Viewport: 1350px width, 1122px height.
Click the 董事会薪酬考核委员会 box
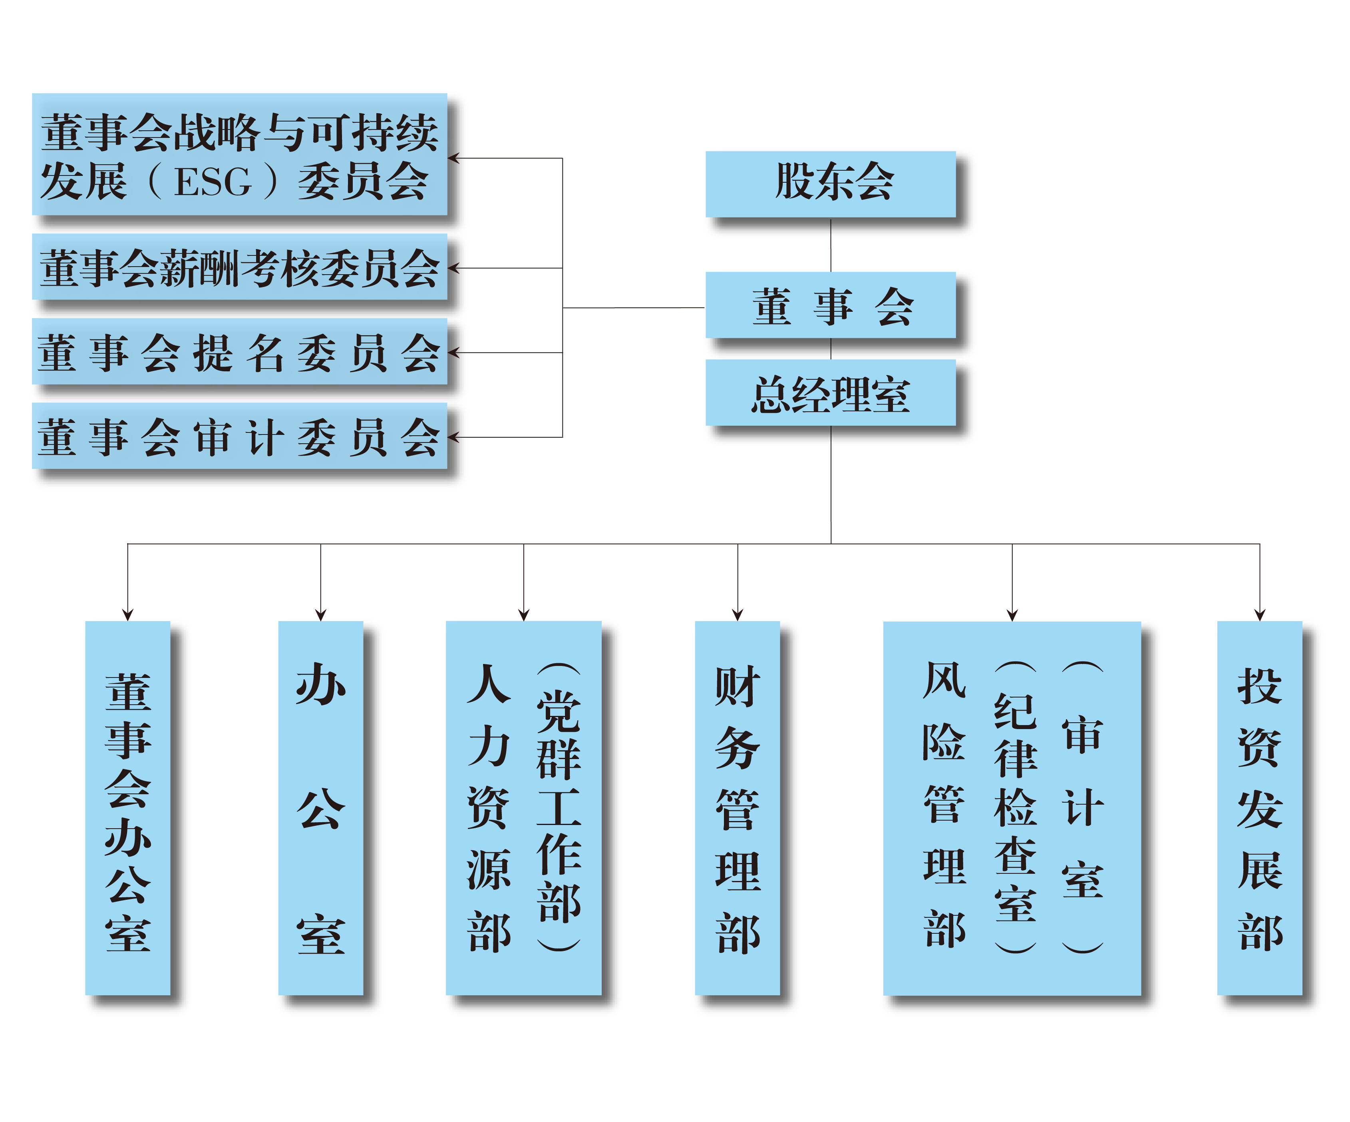pyautogui.click(x=239, y=267)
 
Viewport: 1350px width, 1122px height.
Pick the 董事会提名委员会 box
pyautogui.click(x=239, y=353)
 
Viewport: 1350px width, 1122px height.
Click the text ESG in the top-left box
pyautogui.click(x=213, y=182)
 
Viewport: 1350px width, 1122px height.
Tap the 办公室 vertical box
pyautogui.click(x=320, y=810)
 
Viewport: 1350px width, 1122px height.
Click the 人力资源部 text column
pyautogui.click(x=489, y=807)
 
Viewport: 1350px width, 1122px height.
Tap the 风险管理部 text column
pyautogui.click(x=944, y=804)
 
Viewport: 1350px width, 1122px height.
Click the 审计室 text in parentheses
pyautogui.click(x=1083, y=807)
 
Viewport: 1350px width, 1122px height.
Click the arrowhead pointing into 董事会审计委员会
pyautogui.click(x=453, y=437)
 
